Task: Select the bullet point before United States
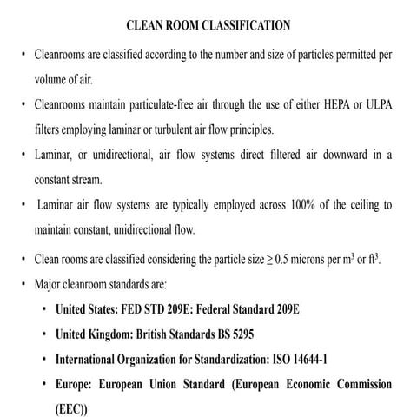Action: click(44, 308)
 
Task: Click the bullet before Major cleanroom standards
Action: click(23, 283)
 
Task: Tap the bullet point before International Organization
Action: click(44, 358)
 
